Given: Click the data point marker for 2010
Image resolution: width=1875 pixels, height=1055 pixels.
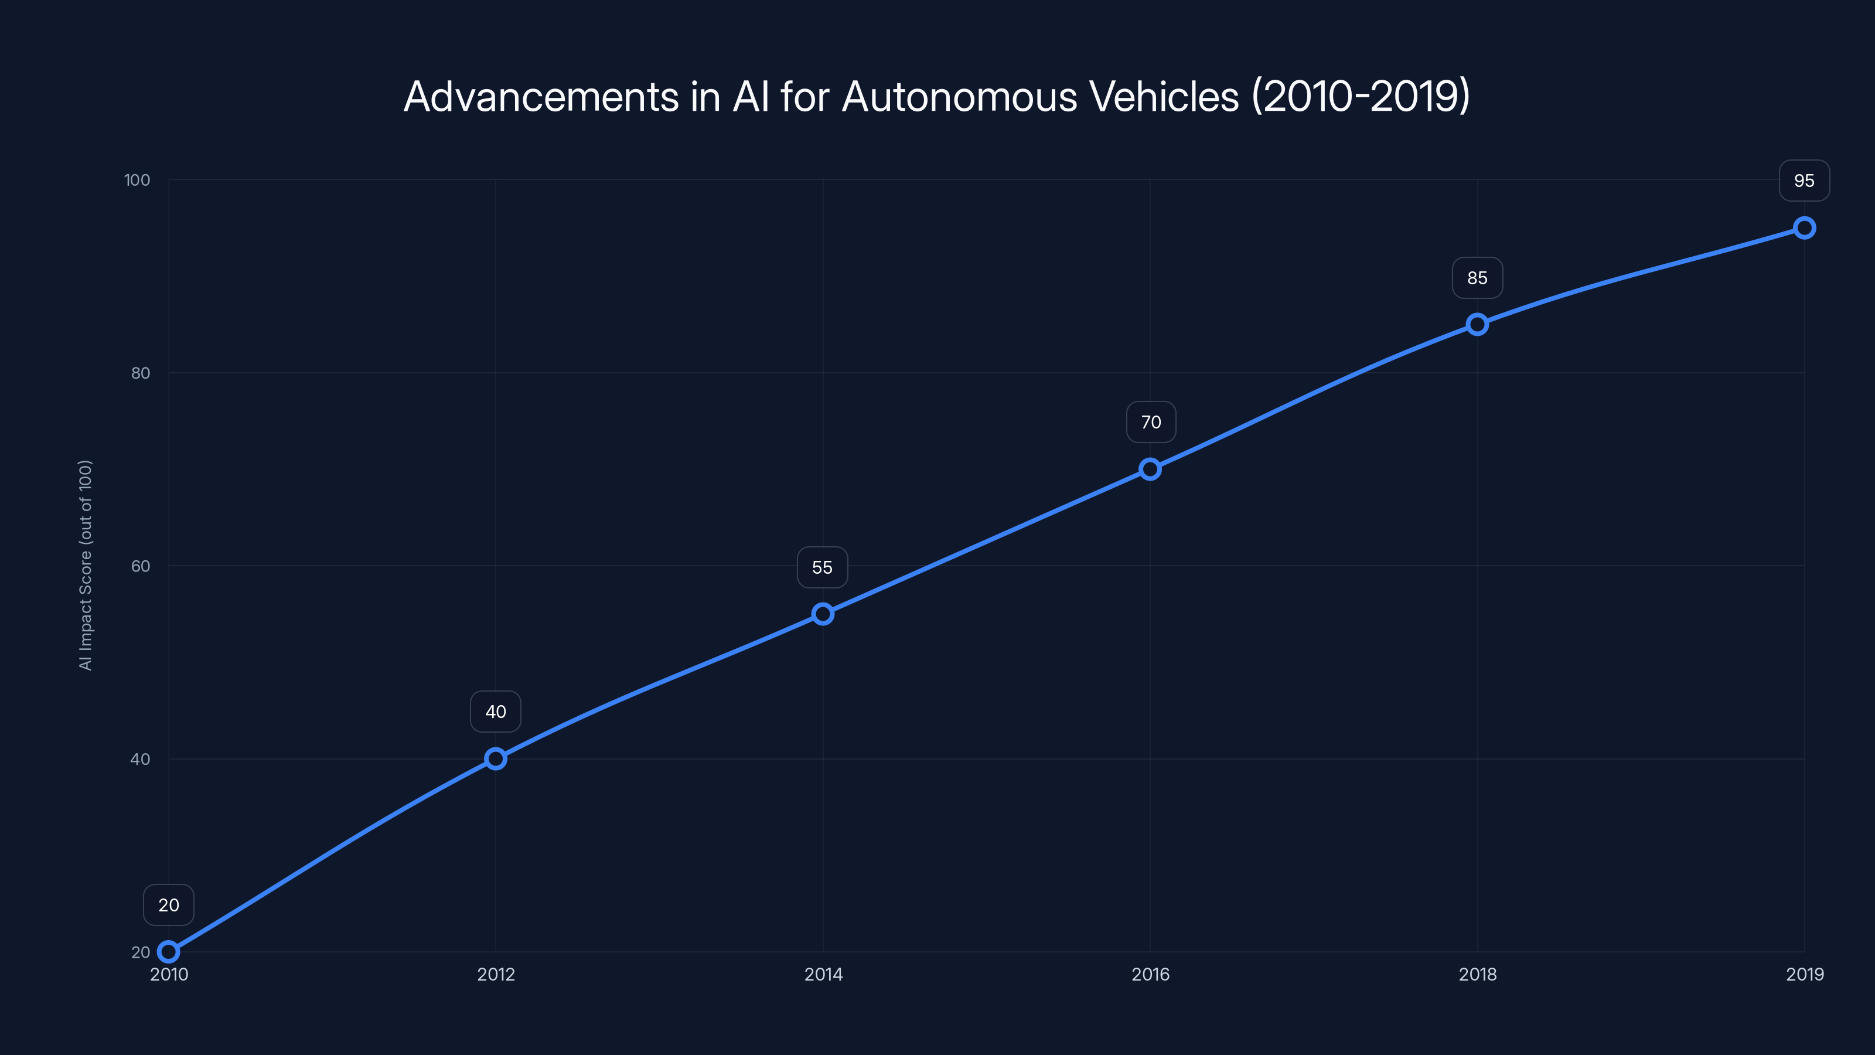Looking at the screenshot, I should [x=168, y=952].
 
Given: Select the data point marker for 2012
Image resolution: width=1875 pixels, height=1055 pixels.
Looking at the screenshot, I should [x=496, y=758].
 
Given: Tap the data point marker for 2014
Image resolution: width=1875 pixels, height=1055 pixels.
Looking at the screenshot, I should [x=823, y=614].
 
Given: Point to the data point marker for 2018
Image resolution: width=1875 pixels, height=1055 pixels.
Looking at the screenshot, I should [x=1477, y=324].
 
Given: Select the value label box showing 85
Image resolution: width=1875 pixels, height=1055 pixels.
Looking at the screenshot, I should [x=1477, y=277].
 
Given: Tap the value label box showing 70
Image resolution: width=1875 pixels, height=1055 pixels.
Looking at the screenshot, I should [x=1151, y=421].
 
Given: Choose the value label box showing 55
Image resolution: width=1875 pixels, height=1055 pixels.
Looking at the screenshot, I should [x=823, y=567].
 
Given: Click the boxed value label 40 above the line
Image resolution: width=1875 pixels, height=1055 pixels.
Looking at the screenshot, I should [x=496, y=712].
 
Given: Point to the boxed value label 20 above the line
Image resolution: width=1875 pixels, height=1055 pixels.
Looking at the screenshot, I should [x=168, y=905].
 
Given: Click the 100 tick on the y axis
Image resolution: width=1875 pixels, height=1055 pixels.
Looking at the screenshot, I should [x=137, y=180].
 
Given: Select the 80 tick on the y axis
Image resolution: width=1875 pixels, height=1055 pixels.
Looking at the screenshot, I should [x=141, y=373].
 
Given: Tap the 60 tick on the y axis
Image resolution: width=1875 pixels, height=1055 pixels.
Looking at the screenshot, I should [x=141, y=566].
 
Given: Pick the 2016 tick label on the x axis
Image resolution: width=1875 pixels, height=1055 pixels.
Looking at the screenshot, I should [x=1150, y=974].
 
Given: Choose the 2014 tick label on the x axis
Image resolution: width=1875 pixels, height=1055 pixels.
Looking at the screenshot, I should [x=823, y=974].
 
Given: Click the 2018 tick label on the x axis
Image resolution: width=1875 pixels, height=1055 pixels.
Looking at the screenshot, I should [x=1477, y=974].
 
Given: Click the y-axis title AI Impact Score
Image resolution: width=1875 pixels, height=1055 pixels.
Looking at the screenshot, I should [x=86, y=565].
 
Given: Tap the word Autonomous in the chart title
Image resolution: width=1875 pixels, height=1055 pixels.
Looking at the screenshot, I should [x=959, y=96].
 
